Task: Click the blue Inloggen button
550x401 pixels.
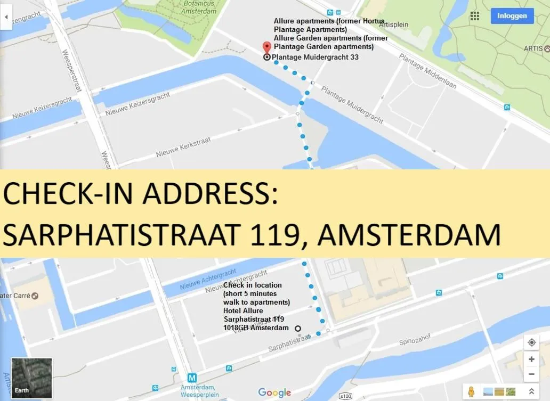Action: pos(512,16)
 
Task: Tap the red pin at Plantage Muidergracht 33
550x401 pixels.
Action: pos(267,47)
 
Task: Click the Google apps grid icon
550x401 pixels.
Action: pos(475,16)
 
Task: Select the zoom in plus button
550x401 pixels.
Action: pos(531,359)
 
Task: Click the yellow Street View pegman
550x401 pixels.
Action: pos(471,392)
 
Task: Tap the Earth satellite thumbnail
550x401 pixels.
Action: pos(31,378)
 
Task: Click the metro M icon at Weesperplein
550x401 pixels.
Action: pos(192,378)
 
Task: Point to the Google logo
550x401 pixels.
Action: pos(274,393)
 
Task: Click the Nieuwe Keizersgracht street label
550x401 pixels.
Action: pos(137,104)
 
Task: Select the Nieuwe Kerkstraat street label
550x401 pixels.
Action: pos(183,147)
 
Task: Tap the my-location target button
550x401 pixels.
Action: pos(531,342)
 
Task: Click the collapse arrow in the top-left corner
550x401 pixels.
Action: pos(6,17)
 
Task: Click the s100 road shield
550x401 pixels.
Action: pos(345,396)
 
